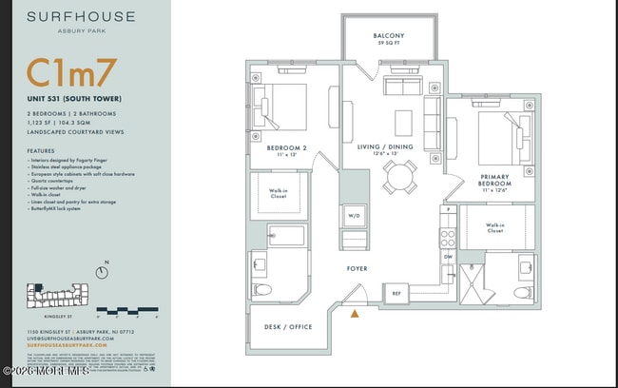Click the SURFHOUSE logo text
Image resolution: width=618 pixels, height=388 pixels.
click(81, 17)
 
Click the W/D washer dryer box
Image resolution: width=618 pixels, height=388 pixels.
click(353, 214)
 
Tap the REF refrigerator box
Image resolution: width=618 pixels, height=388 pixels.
click(396, 294)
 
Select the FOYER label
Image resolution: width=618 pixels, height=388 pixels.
click(357, 269)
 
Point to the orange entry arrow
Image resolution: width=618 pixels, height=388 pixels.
click(356, 312)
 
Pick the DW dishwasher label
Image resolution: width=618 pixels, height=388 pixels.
click(447, 256)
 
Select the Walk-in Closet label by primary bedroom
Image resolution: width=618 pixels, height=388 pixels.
click(495, 227)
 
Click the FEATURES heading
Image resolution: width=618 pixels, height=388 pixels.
click(41, 151)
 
